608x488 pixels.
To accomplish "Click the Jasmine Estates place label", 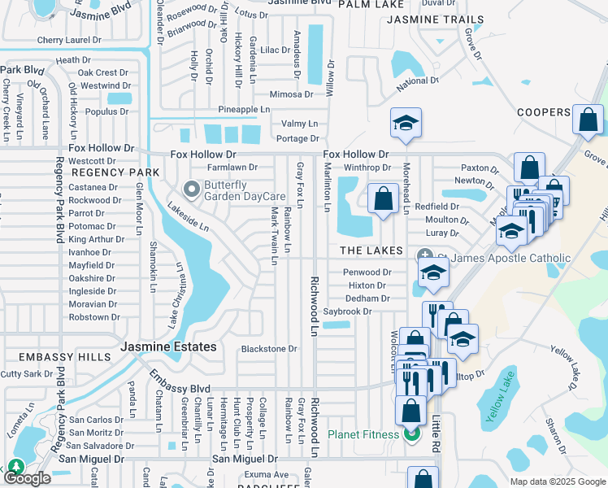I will (168, 346).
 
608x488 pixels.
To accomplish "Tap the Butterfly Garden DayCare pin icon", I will (193, 190).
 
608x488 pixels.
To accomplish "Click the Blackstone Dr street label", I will (269, 349).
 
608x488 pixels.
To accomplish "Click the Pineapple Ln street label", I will (243, 109).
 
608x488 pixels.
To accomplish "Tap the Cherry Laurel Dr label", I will (69, 40).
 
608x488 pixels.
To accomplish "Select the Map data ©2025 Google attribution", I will (557, 481).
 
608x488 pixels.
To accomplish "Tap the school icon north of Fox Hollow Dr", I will (406, 123).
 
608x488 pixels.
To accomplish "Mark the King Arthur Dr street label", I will (96, 239).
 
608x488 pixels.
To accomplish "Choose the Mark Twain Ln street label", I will (275, 235).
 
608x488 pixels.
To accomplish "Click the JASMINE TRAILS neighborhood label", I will (435, 20).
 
